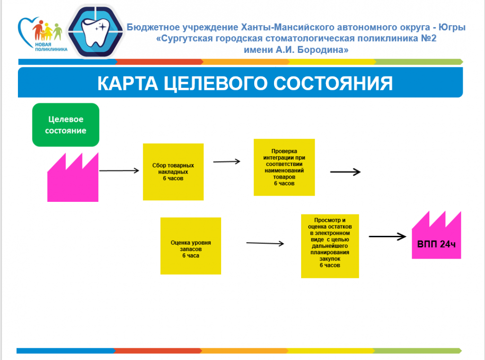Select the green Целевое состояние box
click(66, 125)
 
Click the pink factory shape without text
click(73, 179)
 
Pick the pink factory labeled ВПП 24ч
click(436, 237)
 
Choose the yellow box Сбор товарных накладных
click(173, 172)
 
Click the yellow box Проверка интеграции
click(284, 167)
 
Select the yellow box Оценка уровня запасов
click(191, 246)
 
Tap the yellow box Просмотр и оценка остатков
click(330, 246)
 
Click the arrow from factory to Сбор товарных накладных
click(119, 171)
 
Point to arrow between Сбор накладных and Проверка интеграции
click(226, 162)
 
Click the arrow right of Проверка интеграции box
click(345, 172)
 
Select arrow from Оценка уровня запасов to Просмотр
click(264, 243)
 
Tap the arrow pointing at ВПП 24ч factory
click(387, 237)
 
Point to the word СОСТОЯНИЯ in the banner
click(333, 83)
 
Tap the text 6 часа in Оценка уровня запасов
click(191, 255)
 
